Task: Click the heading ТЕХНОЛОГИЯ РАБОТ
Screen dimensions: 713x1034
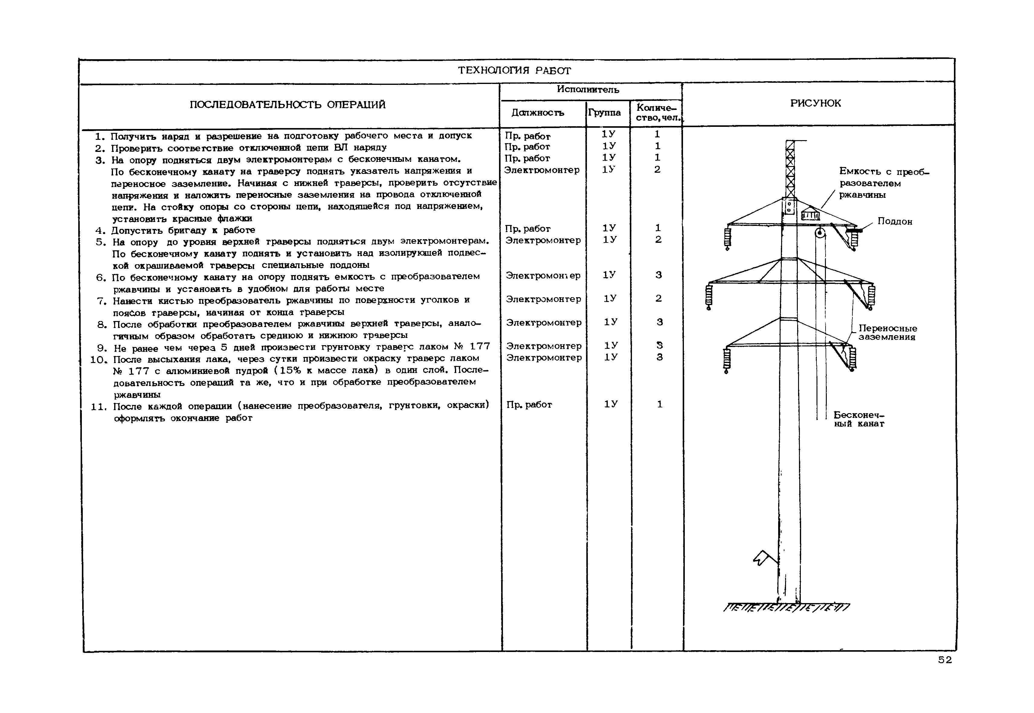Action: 514,71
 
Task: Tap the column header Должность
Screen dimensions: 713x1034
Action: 538,113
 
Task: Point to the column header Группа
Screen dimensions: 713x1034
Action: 604,113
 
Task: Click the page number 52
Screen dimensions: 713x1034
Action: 945,660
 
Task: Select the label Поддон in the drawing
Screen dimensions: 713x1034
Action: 894,222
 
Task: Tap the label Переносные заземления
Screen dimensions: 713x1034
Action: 887,333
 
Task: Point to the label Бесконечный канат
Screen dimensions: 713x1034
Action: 859,419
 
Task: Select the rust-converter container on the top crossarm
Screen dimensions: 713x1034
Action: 810,214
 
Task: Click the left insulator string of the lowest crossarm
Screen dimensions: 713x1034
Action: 726,360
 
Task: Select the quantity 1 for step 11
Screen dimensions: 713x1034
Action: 659,404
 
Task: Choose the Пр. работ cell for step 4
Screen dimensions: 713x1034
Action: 527,229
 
